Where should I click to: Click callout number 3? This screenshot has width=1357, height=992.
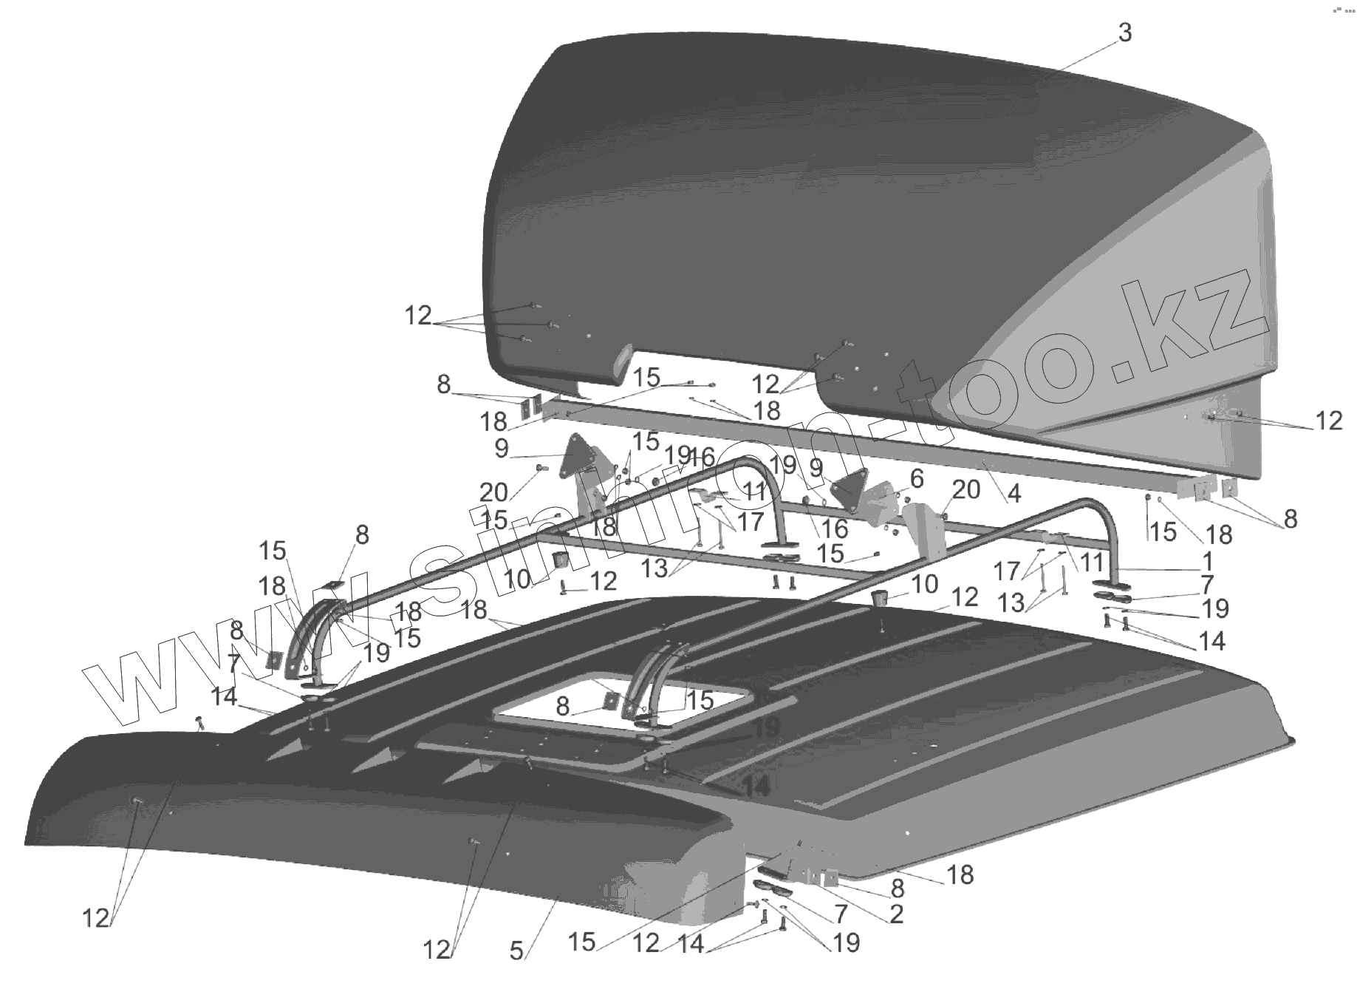pyautogui.click(x=1124, y=33)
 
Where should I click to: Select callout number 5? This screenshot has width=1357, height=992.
pyautogui.click(x=517, y=949)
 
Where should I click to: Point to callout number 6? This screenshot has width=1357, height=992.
pyautogui.click(x=916, y=478)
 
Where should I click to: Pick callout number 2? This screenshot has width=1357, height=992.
pyautogui.click(x=895, y=914)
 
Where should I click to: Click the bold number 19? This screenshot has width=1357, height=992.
pyautogui.click(x=766, y=728)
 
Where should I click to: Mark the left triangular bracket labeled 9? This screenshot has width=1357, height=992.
pyautogui.click(x=576, y=456)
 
